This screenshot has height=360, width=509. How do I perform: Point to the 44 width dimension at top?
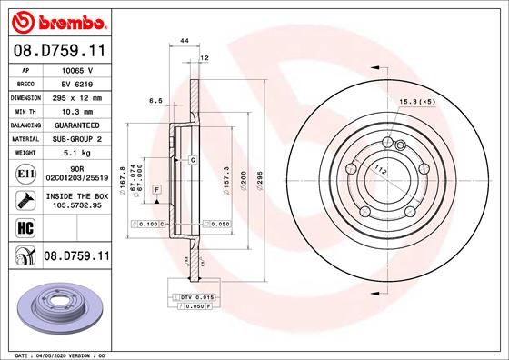pyautogui.click(x=185, y=42)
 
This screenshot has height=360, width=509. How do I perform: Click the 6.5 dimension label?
pyautogui.click(x=155, y=102)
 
